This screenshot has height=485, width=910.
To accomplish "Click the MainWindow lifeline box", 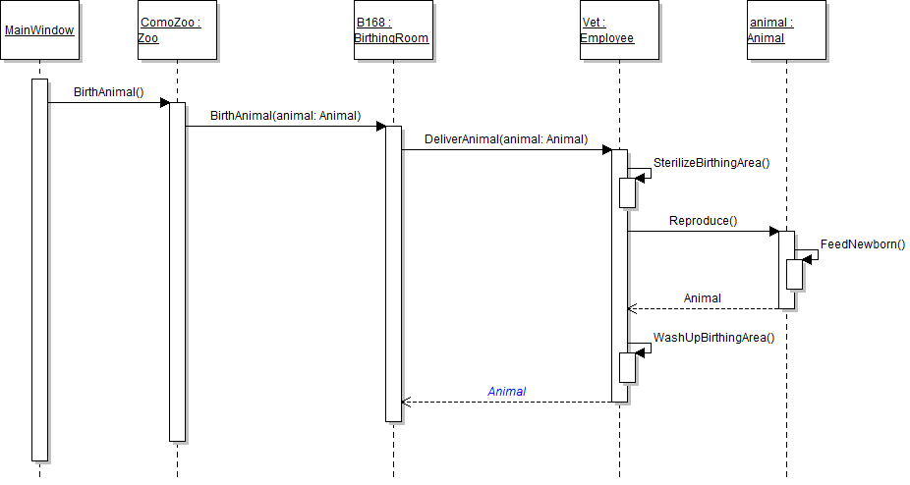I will pos(39,30).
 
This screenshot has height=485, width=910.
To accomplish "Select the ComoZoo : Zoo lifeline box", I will pos(177,30).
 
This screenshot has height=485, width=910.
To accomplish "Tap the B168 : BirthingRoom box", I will pos(392,30).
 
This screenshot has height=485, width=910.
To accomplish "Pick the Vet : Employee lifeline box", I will pos(619,30).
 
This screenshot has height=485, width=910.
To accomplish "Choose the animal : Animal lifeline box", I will pos(786,30).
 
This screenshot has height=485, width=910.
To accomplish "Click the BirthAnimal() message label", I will pos(108,93).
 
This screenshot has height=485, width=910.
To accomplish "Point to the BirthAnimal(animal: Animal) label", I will pos(285,116).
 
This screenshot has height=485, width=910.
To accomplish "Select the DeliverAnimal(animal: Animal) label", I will pos(506,139).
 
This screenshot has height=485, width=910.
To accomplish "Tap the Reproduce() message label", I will pos(703,221).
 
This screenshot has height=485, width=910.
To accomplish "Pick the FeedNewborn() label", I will pos(862,244).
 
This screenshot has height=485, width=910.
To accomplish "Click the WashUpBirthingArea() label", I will pos(713,338).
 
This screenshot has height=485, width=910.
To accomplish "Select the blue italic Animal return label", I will pos(506,392).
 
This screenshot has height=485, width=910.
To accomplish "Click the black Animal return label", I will pos(702,298).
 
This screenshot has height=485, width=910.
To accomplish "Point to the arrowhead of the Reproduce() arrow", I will pos(773,232).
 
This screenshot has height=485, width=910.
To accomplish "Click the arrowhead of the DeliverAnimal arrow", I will pos(606,150).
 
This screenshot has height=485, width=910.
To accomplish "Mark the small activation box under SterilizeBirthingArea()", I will pos(627,192).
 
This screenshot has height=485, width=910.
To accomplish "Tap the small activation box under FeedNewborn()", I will pos(794,274).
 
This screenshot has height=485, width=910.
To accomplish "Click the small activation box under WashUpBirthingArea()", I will pos(627,366).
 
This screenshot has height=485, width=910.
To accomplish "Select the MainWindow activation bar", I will pos(39,269).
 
